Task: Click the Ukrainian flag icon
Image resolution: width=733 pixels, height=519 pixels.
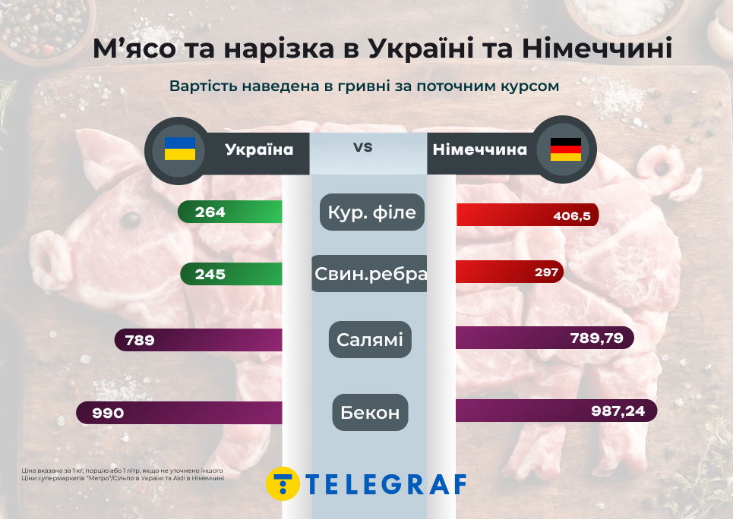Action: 180,149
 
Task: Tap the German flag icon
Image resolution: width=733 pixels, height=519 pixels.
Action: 565,149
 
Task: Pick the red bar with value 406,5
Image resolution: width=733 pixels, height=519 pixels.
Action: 527,215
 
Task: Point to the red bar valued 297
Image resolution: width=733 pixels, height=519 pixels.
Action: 510,272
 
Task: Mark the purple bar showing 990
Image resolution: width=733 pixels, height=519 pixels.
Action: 179,413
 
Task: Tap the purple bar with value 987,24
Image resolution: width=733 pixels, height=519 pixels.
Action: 555,410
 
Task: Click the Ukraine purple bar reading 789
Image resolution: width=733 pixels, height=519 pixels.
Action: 198,340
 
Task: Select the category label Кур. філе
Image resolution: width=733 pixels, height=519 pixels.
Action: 372,212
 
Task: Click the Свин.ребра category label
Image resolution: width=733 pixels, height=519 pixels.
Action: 370,274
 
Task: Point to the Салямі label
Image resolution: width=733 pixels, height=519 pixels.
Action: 370,339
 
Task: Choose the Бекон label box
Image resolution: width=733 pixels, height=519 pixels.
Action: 370,413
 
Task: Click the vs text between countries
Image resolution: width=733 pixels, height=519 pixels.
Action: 363,146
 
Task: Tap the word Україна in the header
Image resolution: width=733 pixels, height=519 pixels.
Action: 259,149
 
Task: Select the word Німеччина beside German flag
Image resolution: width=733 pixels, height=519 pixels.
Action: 479,149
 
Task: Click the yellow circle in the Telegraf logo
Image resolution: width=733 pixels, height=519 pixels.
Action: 283,483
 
